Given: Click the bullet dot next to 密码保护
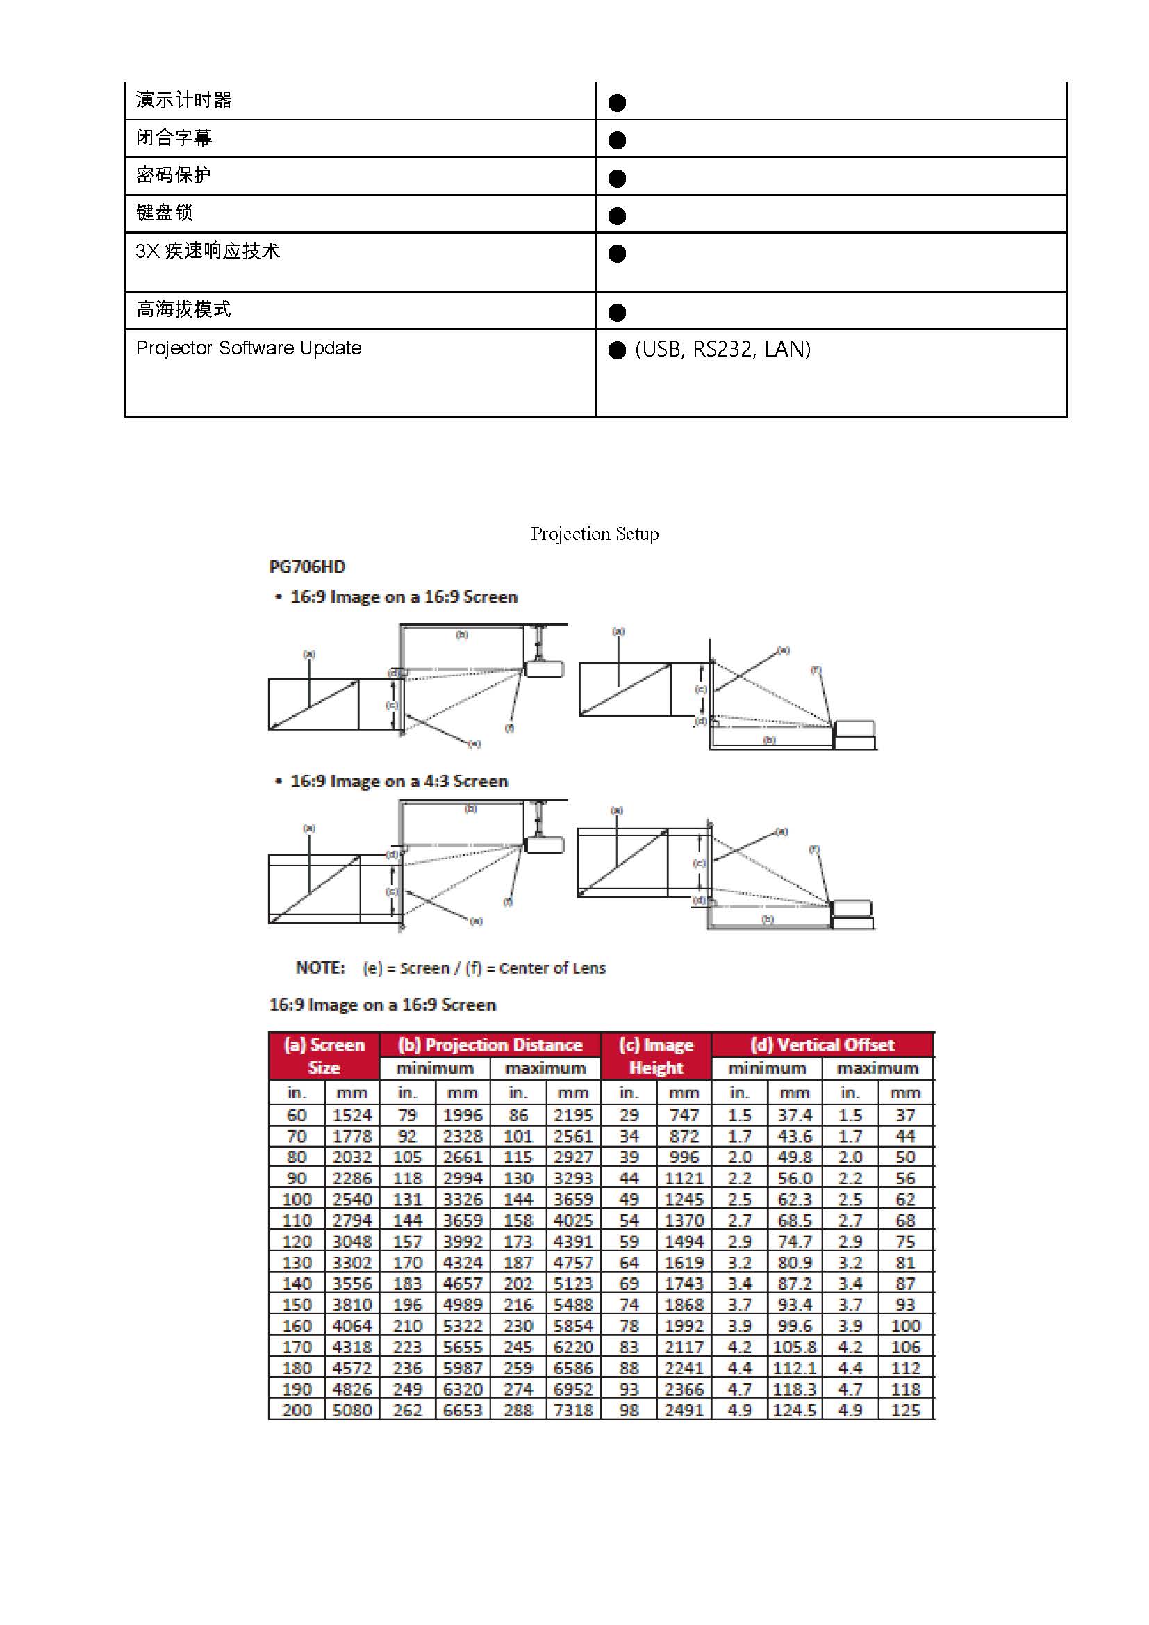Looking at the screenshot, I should (x=617, y=179).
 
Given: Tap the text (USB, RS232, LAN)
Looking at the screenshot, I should (x=722, y=349).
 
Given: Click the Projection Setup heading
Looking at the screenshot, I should (x=595, y=534).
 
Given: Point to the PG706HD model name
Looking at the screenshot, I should (x=307, y=567).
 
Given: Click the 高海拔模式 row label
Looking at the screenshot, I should (x=183, y=309).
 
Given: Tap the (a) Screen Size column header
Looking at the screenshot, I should (x=324, y=1056).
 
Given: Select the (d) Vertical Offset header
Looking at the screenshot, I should (x=822, y=1045).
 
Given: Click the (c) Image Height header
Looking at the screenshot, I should (x=656, y=1056).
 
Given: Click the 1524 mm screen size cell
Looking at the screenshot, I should (x=352, y=1116).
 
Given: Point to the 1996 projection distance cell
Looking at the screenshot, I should (x=463, y=1116).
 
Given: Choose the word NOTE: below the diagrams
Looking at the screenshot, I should (x=320, y=967).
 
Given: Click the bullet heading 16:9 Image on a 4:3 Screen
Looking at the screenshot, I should (x=399, y=781).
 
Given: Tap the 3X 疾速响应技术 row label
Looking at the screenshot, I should (x=208, y=250).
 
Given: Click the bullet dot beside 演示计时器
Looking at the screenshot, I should (x=617, y=104).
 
